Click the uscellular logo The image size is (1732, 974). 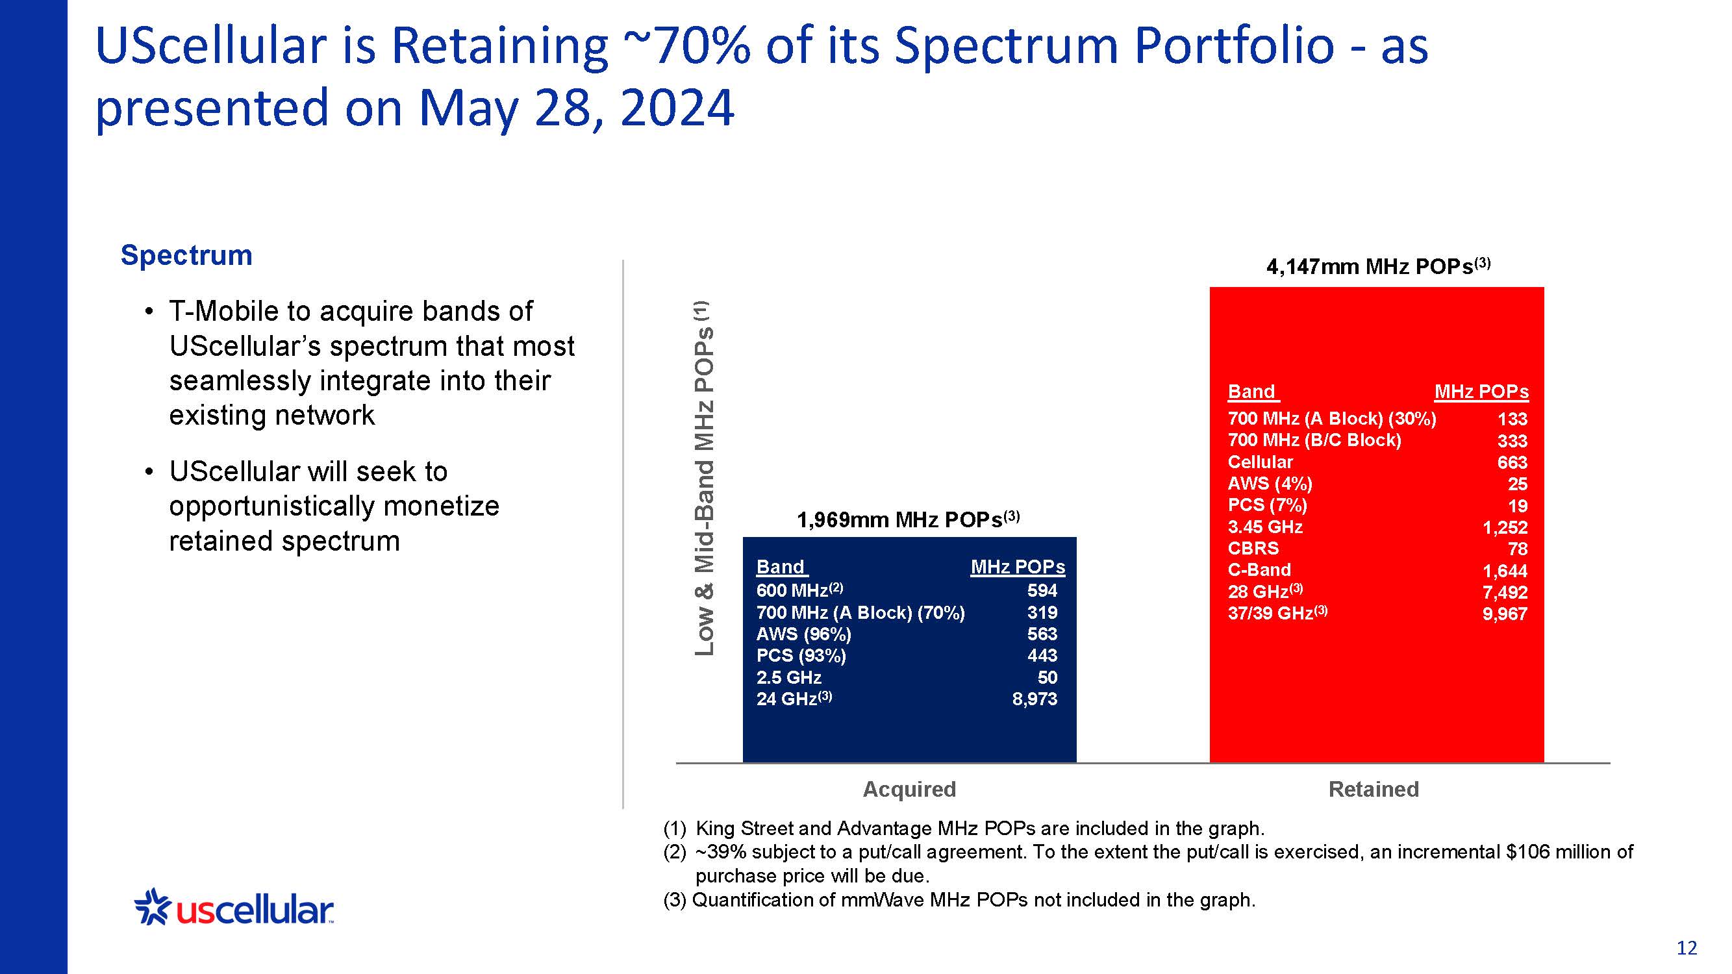coord(234,909)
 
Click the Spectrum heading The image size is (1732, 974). coord(186,255)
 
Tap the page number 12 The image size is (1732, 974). coord(1687,948)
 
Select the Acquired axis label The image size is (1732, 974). coord(909,789)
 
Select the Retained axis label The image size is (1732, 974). coord(1374,789)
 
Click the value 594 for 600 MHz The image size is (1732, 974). coord(1042,591)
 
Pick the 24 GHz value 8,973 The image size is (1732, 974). coord(1035,699)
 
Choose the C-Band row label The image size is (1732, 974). coord(1259,570)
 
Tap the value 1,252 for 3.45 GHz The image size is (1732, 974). coord(1505,528)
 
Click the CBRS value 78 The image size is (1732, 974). coord(1518,549)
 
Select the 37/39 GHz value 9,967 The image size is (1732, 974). coord(1505,614)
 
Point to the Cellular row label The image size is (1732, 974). coord(1260,462)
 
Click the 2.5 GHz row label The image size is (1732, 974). coord(788,677)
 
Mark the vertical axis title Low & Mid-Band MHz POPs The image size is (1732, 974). coord(704,478)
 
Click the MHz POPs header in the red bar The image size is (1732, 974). coord(1481,392)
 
